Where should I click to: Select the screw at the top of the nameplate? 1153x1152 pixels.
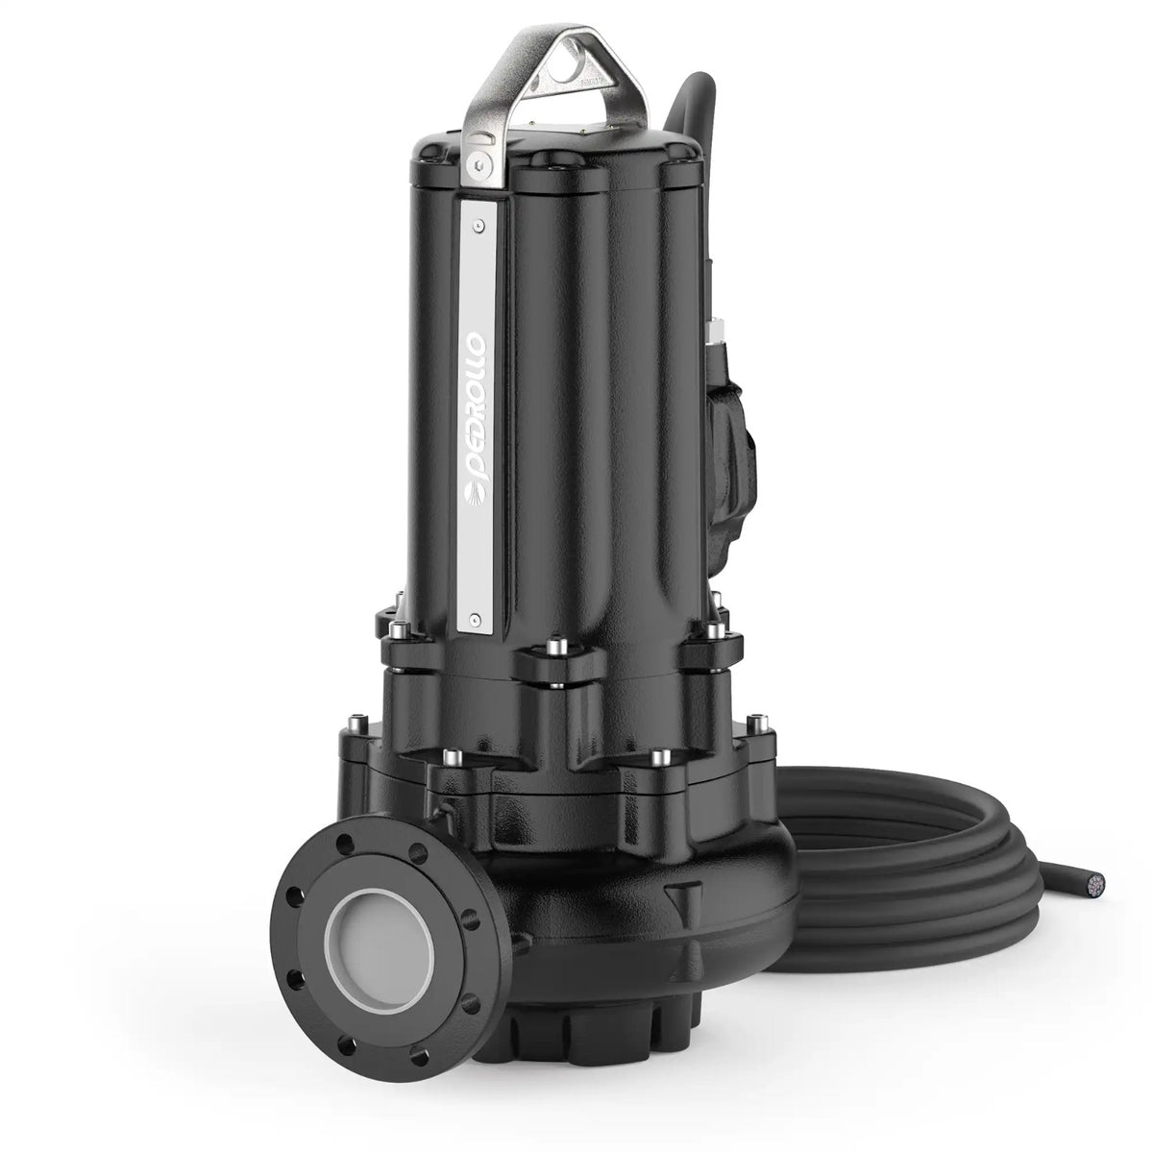click(x=478, y=226)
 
